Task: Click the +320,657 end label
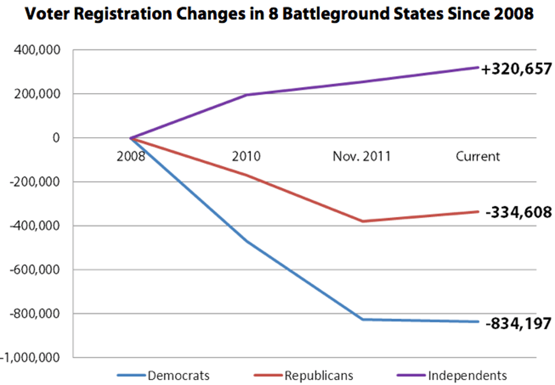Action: [516, 69]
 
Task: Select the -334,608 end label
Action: [518, 212]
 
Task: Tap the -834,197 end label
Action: [518, 323]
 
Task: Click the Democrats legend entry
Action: [178, 375]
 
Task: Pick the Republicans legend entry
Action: [318, 375]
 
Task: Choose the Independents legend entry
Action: [467, 375]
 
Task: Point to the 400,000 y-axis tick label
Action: [37, 50]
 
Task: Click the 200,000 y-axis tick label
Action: [37, 94]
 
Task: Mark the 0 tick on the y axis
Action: [56, 138]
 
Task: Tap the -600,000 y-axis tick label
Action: [35, 270]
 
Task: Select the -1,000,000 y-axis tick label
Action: [30, 358]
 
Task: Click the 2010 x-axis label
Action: [246, 156]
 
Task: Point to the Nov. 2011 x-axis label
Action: [361, 156]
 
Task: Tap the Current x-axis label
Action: [477, 156]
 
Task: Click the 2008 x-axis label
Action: [130, 156]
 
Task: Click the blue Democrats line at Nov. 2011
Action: [362, 319]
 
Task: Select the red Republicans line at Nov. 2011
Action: [362, 221]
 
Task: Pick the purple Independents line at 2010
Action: [247, 95]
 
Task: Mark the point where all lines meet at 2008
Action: [131, 138]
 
